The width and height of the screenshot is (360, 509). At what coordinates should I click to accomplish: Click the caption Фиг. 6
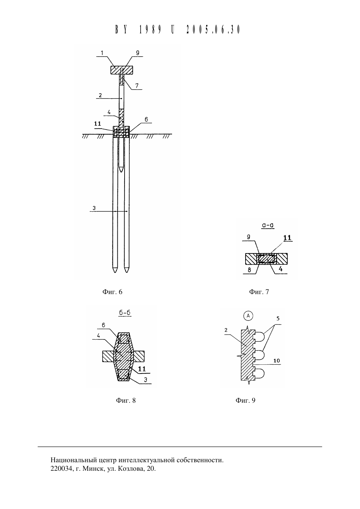pyautogui.click(x=112, y=291)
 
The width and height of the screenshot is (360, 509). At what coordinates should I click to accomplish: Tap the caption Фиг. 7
pyautogui.click(x=259, y=291)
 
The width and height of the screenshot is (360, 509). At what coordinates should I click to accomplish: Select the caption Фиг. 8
pyautogui.click(x=126, y=400)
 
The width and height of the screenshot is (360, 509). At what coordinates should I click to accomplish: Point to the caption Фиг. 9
pyautogui.click(x=246, y=400)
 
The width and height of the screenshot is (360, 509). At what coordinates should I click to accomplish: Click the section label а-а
pyautogui.click(x=268, y=225)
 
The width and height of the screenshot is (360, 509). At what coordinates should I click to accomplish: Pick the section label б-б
pyautogui.click(x=125, y=313)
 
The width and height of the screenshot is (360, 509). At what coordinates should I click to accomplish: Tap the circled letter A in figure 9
pyautogui.click(x=248, y=316)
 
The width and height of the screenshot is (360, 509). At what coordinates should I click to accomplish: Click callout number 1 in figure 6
pyautogui.click(x=102, y=53)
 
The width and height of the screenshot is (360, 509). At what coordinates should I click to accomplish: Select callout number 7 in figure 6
pyautogui.click(x=137, y=86)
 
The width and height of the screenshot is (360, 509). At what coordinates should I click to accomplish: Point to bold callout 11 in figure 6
pyautogui.click(x=98, y=124)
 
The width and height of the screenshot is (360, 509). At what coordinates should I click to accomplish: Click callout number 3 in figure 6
pyautogui.click(x=94, y=208)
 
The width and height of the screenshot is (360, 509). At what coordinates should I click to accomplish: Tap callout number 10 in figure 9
pyautogui.click(x=276, y=360)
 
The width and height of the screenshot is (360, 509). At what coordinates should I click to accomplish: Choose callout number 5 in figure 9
pyautogui.click(x=278, y=318)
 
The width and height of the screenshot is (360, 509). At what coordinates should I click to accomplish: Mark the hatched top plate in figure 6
pyautogui.click(x=122, y=70)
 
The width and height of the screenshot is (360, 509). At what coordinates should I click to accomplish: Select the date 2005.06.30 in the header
pyautogui.click(x=213, y=29)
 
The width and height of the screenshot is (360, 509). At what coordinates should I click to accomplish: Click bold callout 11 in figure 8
pyautogui.click(x=142, y=369)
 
